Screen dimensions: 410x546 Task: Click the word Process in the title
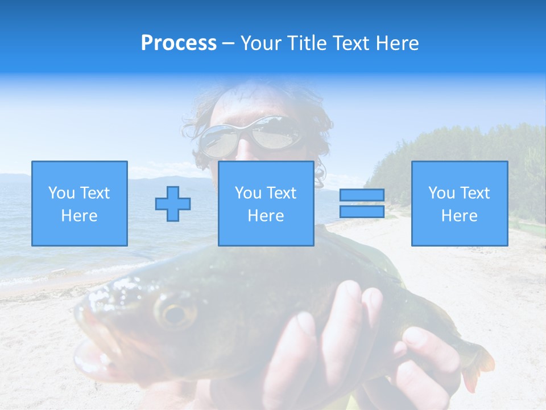pos(179,43)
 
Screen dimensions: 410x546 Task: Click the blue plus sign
pos(173,204)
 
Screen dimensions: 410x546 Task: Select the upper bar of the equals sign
pos(362,195)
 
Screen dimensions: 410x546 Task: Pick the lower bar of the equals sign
pos(362,212)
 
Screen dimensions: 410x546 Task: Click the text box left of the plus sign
pos(80,204)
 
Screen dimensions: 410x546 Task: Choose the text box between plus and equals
pos(266,204)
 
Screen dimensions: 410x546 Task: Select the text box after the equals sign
pos(459,204)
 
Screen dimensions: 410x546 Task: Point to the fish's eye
pos(175,313)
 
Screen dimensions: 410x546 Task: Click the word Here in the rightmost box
pos(459,216)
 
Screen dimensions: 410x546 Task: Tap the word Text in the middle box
pos(281,193)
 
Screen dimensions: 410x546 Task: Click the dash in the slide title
pos(228,43)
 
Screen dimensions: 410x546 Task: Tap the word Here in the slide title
pos(398,43)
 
